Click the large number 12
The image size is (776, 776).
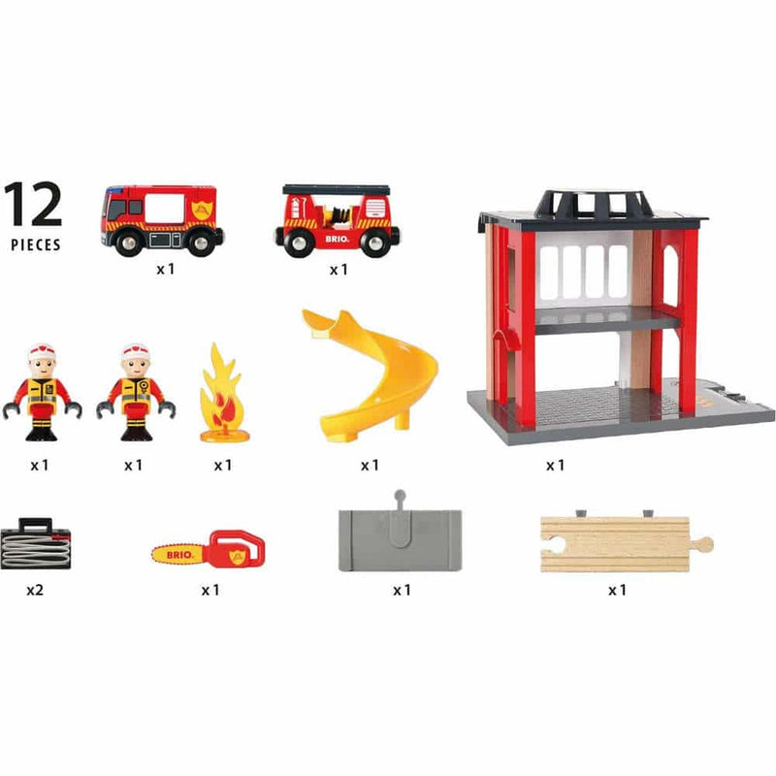[x=33, y=204]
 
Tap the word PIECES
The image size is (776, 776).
[x=35, y=244]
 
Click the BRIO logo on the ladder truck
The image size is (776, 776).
[x=338, y=237]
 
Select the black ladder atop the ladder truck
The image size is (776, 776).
[x=336, y=189]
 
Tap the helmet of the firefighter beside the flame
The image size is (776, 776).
[x=136, y=350]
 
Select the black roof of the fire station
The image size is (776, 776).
[x=591, y=208]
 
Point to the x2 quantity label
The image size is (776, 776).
[x=38, y=589]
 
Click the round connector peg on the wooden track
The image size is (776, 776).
[x=705, y=544]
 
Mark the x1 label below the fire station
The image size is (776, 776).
[x=555, y=466]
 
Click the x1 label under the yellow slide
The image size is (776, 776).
[x=370, y=466]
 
